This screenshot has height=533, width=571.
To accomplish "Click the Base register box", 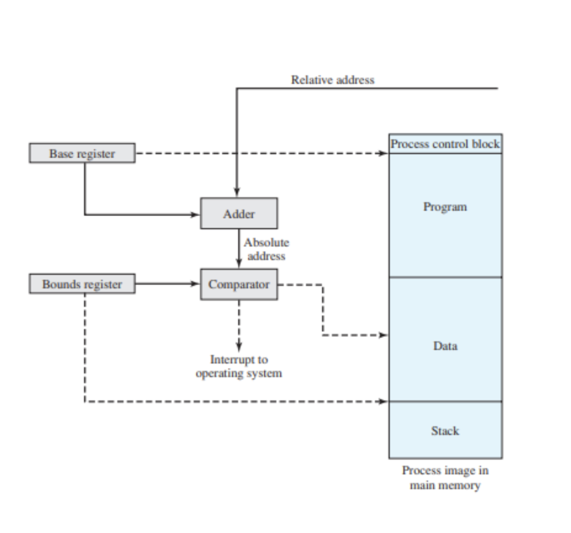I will click(82, 153).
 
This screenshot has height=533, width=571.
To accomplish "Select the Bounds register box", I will click(82, 284).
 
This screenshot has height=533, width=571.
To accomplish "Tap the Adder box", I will click(239, 213).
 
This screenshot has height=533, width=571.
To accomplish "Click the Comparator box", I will click(239, 284).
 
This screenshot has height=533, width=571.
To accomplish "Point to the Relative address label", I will click(332, 80).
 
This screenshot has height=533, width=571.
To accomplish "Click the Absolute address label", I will click(266, 250).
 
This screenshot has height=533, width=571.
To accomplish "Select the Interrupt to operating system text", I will click(239, 366).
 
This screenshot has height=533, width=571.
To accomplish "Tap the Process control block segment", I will click(445, 144).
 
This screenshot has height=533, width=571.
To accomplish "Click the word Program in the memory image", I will click(445, 207).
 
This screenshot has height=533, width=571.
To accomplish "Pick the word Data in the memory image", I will click(445, 346).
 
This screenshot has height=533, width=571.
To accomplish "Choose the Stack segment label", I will click(445, 431).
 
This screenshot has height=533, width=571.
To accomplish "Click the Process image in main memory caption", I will click(445, 478).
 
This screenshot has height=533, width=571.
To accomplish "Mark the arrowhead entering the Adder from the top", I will click(237, 193).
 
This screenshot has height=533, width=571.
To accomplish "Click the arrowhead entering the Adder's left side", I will click(196, 214).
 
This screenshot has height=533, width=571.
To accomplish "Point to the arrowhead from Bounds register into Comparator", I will click(196, 284).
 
